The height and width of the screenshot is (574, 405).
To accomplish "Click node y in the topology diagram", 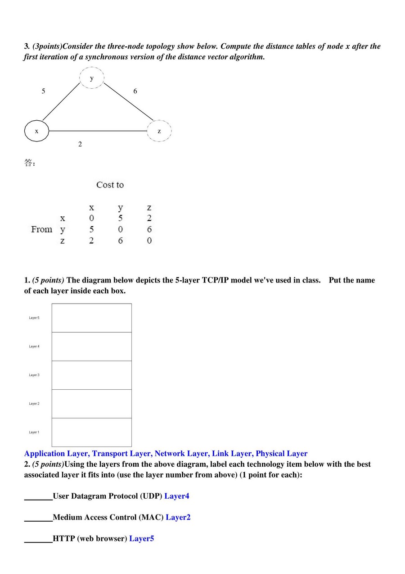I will coord(92,78).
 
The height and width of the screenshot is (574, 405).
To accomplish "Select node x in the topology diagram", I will coord(36,131).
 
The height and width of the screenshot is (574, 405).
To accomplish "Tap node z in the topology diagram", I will coord(159,131).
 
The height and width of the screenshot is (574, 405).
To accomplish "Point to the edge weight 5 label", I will coord(43,91).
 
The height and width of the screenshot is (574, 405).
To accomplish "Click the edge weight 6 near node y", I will coord(135,91).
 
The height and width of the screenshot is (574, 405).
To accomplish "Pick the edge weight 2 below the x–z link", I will coord(80,144).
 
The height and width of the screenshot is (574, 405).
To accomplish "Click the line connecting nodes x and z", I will coord(98,131).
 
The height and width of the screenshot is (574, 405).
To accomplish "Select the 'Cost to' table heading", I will coord(110,185).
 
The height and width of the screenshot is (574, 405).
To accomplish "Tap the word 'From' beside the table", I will coord(41,229).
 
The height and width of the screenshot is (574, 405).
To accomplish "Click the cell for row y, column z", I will coord(149,229).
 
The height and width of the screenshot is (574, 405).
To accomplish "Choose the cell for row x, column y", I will coord(120,218).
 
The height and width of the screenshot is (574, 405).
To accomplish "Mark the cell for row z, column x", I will coord(91,241).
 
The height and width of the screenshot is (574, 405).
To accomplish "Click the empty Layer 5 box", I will coord(92,318).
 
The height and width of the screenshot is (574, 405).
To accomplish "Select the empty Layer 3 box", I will coord(92,375).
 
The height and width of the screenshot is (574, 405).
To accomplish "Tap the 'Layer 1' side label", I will coord(34,433).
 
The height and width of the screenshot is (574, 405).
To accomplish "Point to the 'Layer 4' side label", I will coord(34,346).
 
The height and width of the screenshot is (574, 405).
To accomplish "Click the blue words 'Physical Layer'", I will coord(282,454).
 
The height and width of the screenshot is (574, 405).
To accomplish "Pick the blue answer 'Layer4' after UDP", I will coord(177,496).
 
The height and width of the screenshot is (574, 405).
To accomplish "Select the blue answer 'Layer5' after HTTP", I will coord(141,538).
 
